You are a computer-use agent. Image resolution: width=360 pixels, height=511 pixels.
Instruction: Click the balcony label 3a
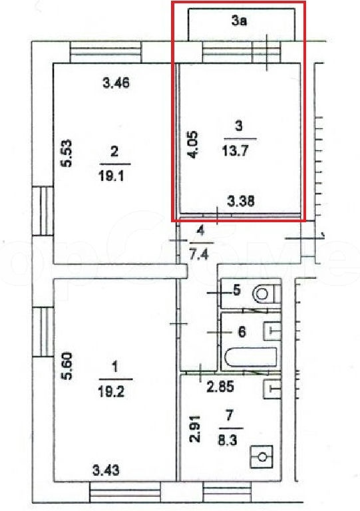[x=240, y=21]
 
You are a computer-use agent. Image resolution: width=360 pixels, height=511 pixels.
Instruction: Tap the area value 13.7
[x=235, y=150]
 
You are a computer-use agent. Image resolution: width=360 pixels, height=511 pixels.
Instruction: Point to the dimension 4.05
[x=193, y=144]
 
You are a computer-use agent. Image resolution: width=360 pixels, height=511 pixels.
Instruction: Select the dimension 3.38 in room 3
[x=241, y=201]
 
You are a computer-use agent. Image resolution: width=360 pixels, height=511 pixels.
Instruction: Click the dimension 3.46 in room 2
[x=116, y=83]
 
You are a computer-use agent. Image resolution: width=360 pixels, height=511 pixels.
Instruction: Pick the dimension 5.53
[x=67, y=153]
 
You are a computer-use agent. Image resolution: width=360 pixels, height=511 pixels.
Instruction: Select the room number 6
[x=242, y=332]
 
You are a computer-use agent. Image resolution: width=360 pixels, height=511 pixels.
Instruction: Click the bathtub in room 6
[x=251, y=358]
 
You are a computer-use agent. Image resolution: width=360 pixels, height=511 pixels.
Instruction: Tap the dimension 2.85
[x=220, y=387]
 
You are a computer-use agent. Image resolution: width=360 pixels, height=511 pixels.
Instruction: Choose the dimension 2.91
[x=195, y=428]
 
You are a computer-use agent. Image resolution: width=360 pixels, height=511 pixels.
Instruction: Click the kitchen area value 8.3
[x=228, y=440]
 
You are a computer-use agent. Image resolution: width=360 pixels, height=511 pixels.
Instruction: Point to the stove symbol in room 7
[x=262, y=456]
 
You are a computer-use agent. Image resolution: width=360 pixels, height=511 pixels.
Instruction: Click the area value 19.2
[x=111, y=392]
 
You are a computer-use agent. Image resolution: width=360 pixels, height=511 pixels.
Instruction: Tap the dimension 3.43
[x=106, y=470]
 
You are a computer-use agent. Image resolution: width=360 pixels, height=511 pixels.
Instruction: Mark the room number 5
[x=237, y=289]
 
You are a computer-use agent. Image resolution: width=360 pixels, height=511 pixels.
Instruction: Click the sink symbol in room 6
[x=272, y=331]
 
